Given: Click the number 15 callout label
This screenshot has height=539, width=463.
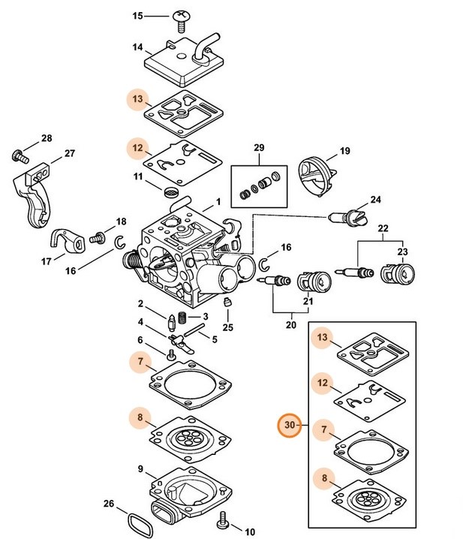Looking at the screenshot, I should tap(137, 15).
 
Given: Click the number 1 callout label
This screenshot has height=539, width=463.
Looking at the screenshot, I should tap(218, 201).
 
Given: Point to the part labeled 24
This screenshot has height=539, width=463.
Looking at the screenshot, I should tap(346, 218).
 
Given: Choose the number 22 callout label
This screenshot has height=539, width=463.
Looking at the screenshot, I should tap(383, 228).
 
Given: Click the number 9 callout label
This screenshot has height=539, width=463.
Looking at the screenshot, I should tap(140, 468).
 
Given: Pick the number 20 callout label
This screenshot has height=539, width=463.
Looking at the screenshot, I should tap(291, 325).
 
